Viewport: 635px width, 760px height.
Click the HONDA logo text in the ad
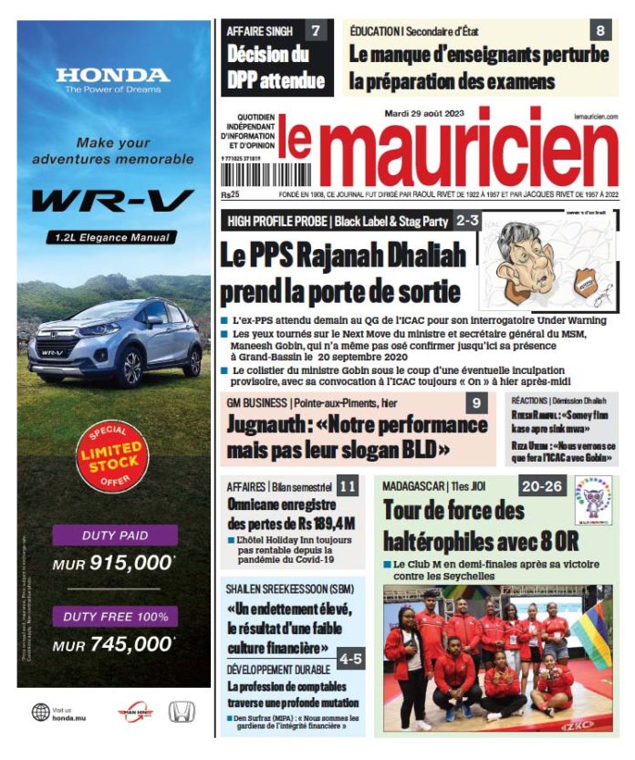(112, 75)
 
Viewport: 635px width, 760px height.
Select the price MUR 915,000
(112, 564)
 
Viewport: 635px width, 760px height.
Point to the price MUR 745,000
(112, 645)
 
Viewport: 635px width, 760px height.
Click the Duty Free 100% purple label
(114, 617)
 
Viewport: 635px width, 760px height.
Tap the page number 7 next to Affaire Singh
(316, 32)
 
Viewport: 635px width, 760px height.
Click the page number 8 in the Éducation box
(600, 31)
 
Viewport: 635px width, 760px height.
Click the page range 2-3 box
(467, 220)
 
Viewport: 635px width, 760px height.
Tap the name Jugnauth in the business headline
(264, 427)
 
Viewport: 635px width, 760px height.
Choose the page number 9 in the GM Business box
(475, 403)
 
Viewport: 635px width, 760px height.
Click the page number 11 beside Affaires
(347, 487)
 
